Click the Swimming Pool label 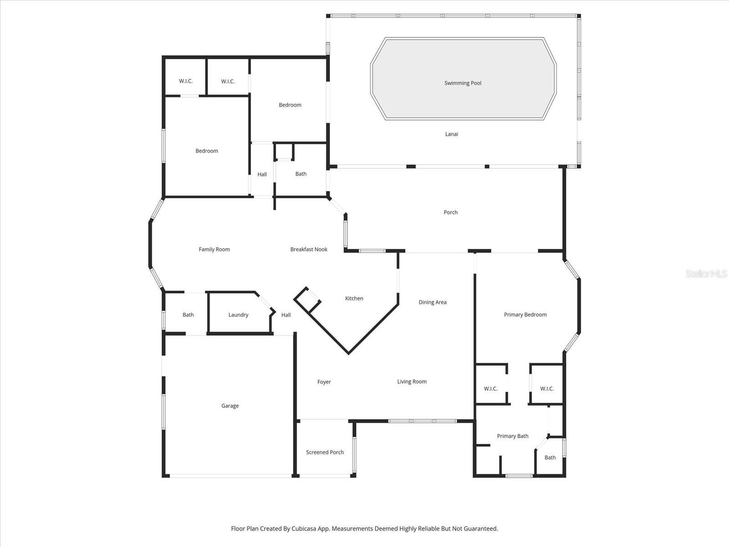(462, 83)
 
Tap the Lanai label (452, 134)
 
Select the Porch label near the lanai (451, 212)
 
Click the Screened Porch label (325, 452)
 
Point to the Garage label (230, 406)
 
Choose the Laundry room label (238, 315)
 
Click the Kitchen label (354, 299)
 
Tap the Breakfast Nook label (309, 249)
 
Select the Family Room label (214, 249)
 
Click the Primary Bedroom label (525, 315)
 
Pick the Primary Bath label (513, 436)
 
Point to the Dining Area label (432, 302)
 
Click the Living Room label (412, 382)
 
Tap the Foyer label (324, 382)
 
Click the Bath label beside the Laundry (188, 315)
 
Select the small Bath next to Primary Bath (550, 458)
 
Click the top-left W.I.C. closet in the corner (186, 81)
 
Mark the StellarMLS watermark (706, 273)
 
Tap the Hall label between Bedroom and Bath (262, 175)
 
